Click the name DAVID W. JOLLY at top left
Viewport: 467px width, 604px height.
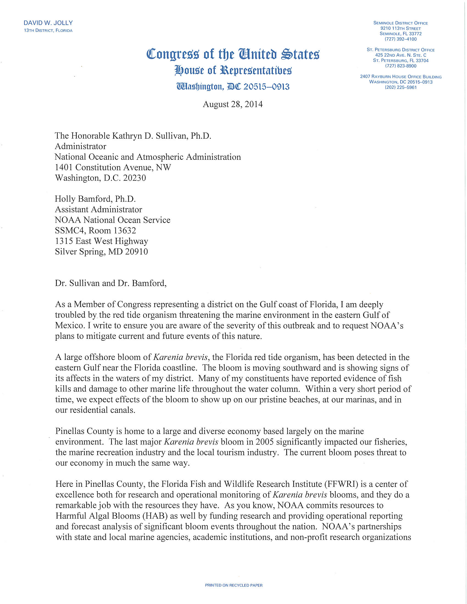click(48, 23)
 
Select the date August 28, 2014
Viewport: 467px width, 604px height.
click(233, 104)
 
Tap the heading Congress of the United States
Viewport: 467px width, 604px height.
click(233, 54)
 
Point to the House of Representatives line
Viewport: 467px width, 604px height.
click(233, 71)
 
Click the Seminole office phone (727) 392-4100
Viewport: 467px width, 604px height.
click(400, 39)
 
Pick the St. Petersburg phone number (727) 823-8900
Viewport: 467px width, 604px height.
click(400, 66)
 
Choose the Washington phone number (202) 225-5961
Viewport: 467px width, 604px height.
click(400, 87)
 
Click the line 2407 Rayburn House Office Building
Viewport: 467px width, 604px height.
click(401, 77)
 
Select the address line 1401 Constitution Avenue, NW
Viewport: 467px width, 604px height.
click(113, 167)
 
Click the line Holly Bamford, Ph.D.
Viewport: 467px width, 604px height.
click(95, 199)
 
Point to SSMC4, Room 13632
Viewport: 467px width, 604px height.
click(95, 230)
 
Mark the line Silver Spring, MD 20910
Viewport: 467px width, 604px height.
click(101, 252)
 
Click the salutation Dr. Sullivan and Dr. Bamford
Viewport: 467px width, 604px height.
click(111, 283)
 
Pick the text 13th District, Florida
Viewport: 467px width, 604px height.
click(48, 30)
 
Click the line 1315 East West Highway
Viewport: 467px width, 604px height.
click(102, 241)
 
